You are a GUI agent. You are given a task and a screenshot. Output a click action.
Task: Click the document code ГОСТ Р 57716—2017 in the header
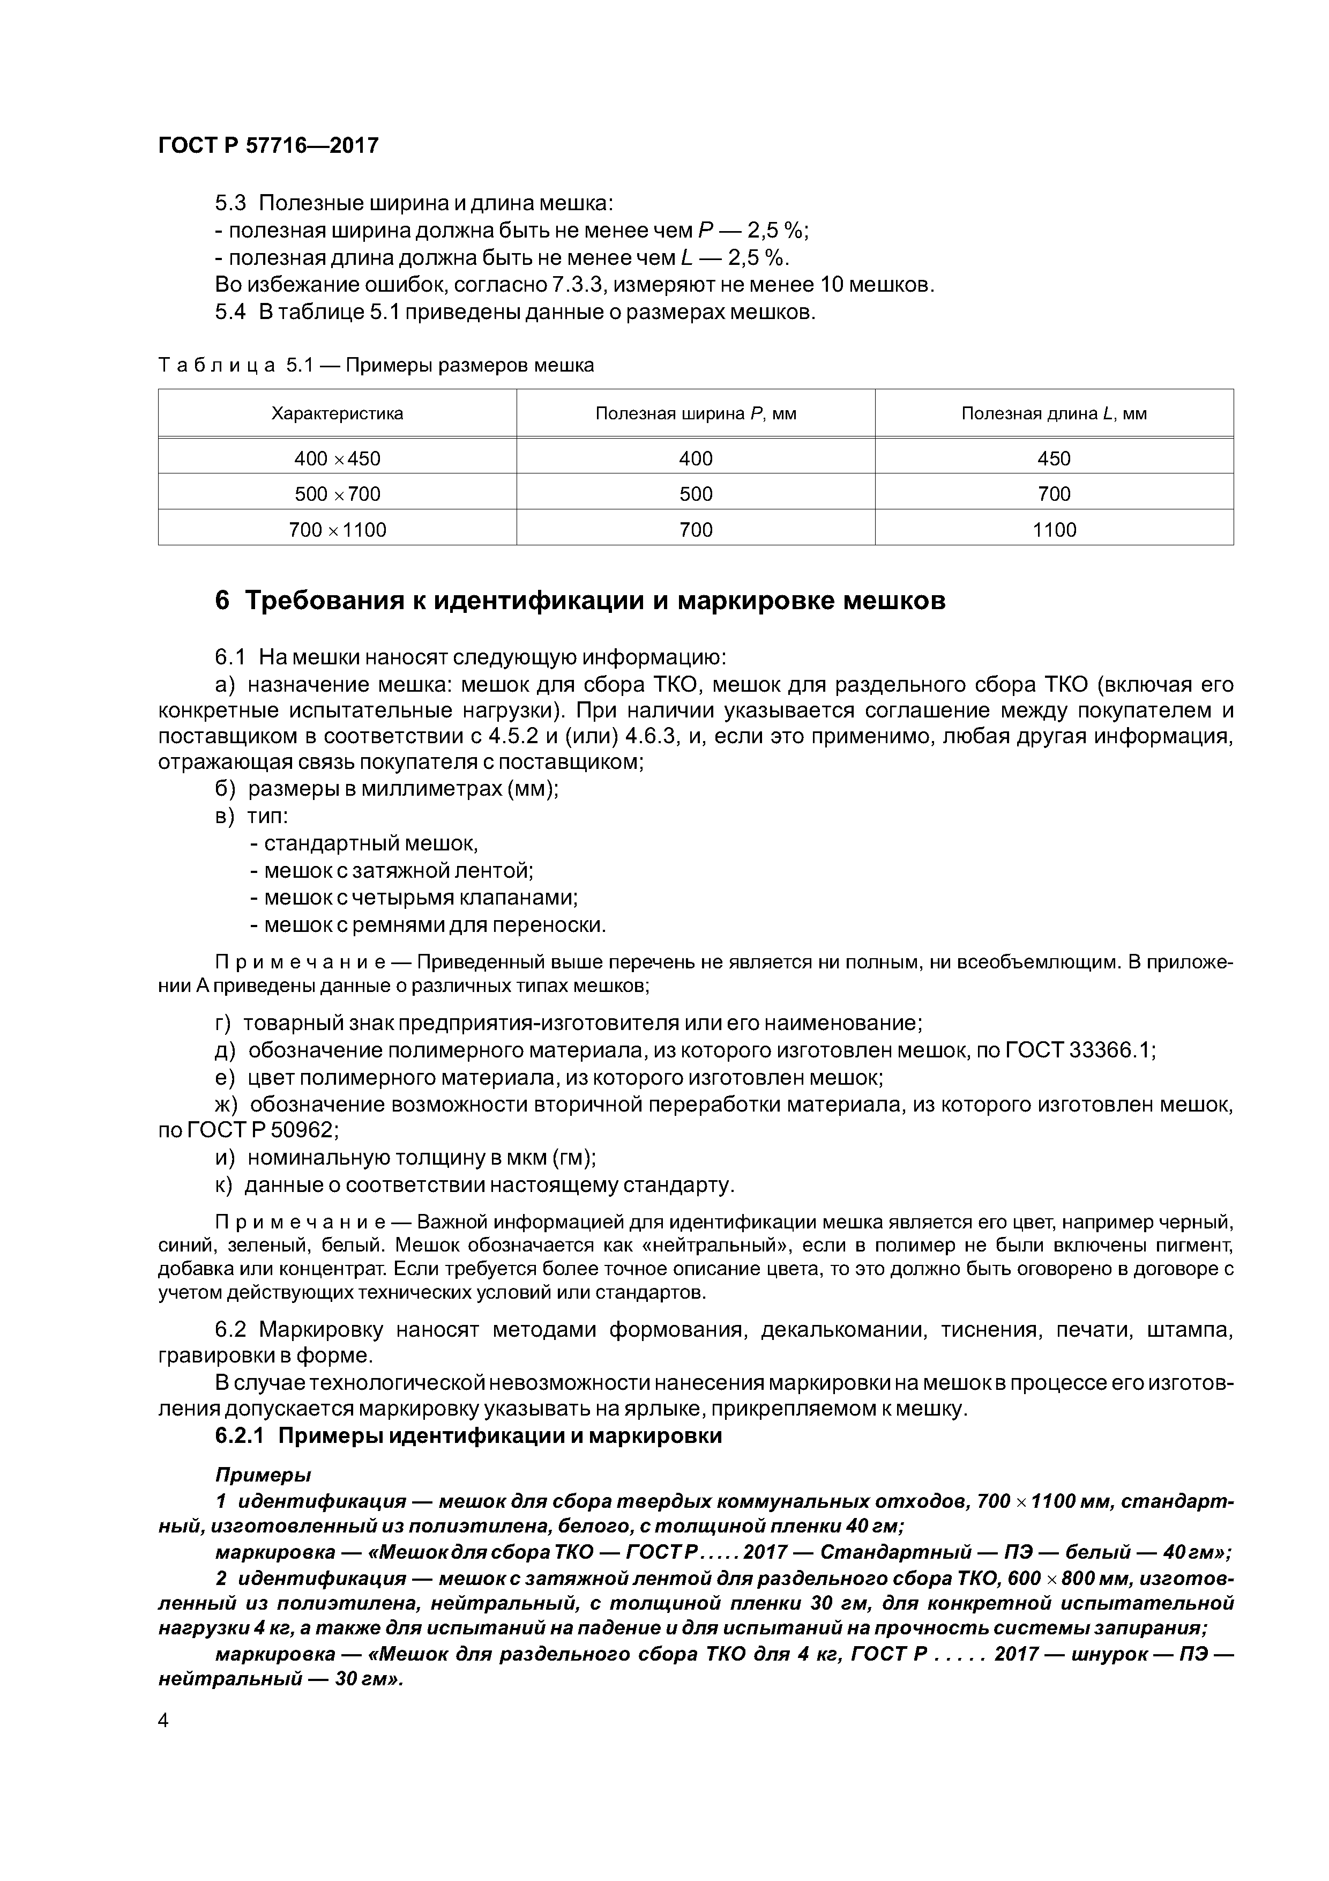tap(268, 146)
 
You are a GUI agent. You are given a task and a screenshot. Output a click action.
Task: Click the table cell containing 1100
tap(1054, 530)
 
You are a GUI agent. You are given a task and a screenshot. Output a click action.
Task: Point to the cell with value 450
tap(1054, 459)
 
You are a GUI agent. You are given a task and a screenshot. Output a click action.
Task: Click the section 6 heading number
tap(222, 601)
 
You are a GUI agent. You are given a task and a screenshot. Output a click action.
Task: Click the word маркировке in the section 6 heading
tap(754, 601)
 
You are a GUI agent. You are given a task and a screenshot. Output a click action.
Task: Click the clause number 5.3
tap(230, 203)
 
